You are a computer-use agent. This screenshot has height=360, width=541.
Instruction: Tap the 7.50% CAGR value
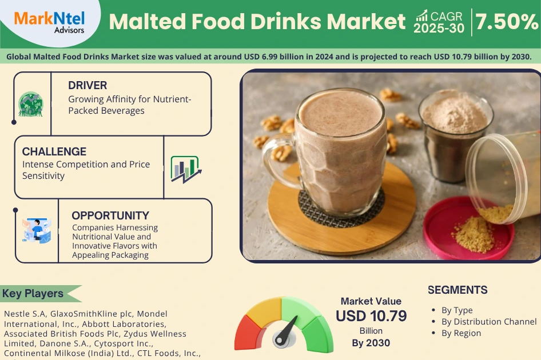pos(506,21)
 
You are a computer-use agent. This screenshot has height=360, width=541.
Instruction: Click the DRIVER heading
pos(87,86)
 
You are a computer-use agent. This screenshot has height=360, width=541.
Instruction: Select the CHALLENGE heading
pos(54,151)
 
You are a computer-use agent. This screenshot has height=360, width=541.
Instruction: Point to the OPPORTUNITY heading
pos(110,215)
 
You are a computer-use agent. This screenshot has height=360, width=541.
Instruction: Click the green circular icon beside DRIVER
pos(30,104)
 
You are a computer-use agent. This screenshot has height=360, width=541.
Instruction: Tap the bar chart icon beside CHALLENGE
pos(185,169)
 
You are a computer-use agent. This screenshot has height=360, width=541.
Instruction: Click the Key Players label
pos(33,294)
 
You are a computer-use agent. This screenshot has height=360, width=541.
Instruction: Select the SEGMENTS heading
pos(458,290)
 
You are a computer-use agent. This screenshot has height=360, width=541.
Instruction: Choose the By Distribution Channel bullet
pos(489,322)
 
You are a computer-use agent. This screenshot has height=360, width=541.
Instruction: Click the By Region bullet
pos(461,333)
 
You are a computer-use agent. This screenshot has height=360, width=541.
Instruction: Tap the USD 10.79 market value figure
pos(371,316)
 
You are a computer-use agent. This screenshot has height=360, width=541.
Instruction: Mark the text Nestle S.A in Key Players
pos(25,314)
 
